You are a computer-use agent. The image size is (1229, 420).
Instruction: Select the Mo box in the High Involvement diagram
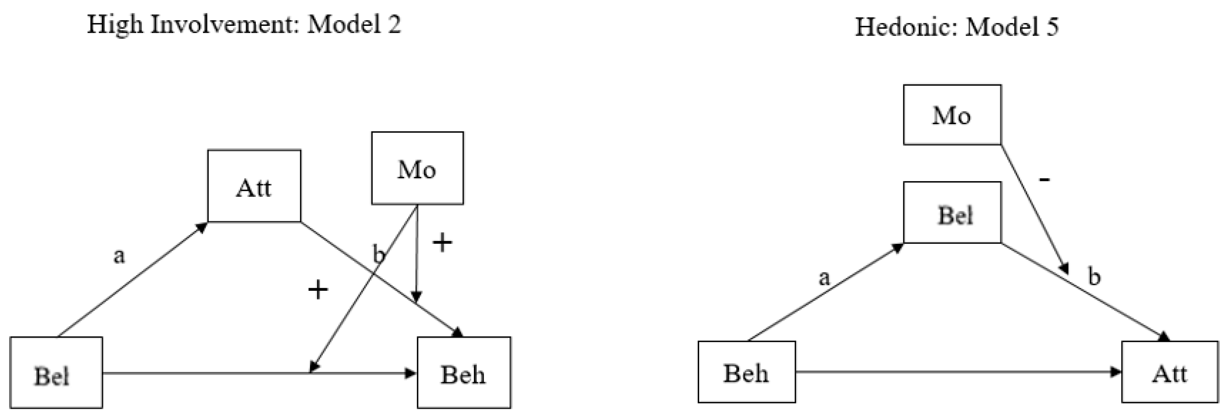[417, 168]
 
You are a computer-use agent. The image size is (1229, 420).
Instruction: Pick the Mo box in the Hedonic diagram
[952, 115]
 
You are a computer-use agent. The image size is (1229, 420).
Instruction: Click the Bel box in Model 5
[952, 213]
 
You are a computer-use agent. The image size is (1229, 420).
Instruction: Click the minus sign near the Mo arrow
[1044, 180]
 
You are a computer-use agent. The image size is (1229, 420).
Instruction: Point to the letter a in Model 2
[119, 256]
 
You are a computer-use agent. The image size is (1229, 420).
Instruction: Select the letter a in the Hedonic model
[824, 278]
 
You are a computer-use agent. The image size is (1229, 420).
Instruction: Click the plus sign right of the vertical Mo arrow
[442, 243]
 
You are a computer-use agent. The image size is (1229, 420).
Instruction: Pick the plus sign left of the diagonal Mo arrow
[318, 289]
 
